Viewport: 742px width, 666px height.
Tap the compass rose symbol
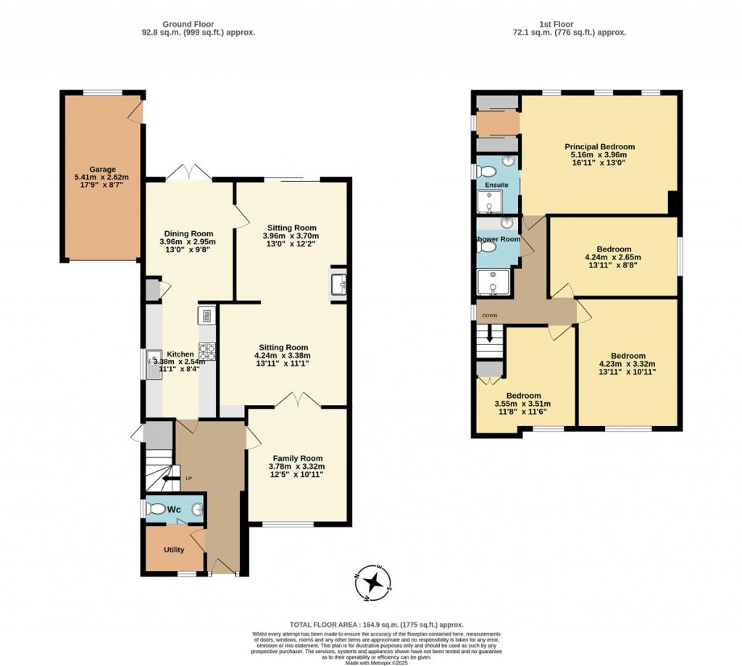[x=374, y=583]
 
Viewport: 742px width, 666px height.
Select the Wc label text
[x=174, y=509]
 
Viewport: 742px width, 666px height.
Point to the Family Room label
[x=298, y=458]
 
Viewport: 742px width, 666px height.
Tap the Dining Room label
[x=188, y=233]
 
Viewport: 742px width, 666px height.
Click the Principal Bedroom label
[x=599, y=146]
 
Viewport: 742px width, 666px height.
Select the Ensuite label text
[x=497, y=185]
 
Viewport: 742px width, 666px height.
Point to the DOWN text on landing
[x=490, y=315]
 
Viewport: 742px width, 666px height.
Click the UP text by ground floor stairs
[x=189, y=478]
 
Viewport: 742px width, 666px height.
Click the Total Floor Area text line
[x=376, y=625]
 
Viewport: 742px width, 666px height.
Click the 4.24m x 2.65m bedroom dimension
[x=613, y=257]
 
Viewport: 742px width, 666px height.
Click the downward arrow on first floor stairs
[x=490, y=336]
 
